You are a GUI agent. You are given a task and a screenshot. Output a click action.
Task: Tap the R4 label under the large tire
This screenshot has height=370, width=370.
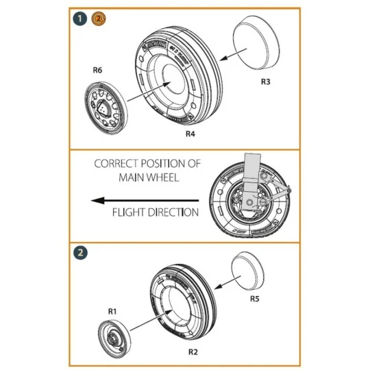192,134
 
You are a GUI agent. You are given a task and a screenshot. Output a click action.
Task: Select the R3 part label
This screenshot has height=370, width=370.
265,82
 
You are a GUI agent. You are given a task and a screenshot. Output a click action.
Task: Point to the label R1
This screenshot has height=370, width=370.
113,310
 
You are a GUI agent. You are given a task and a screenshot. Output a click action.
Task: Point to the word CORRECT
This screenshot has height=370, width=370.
116,165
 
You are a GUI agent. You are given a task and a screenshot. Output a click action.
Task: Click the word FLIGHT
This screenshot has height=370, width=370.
128,212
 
